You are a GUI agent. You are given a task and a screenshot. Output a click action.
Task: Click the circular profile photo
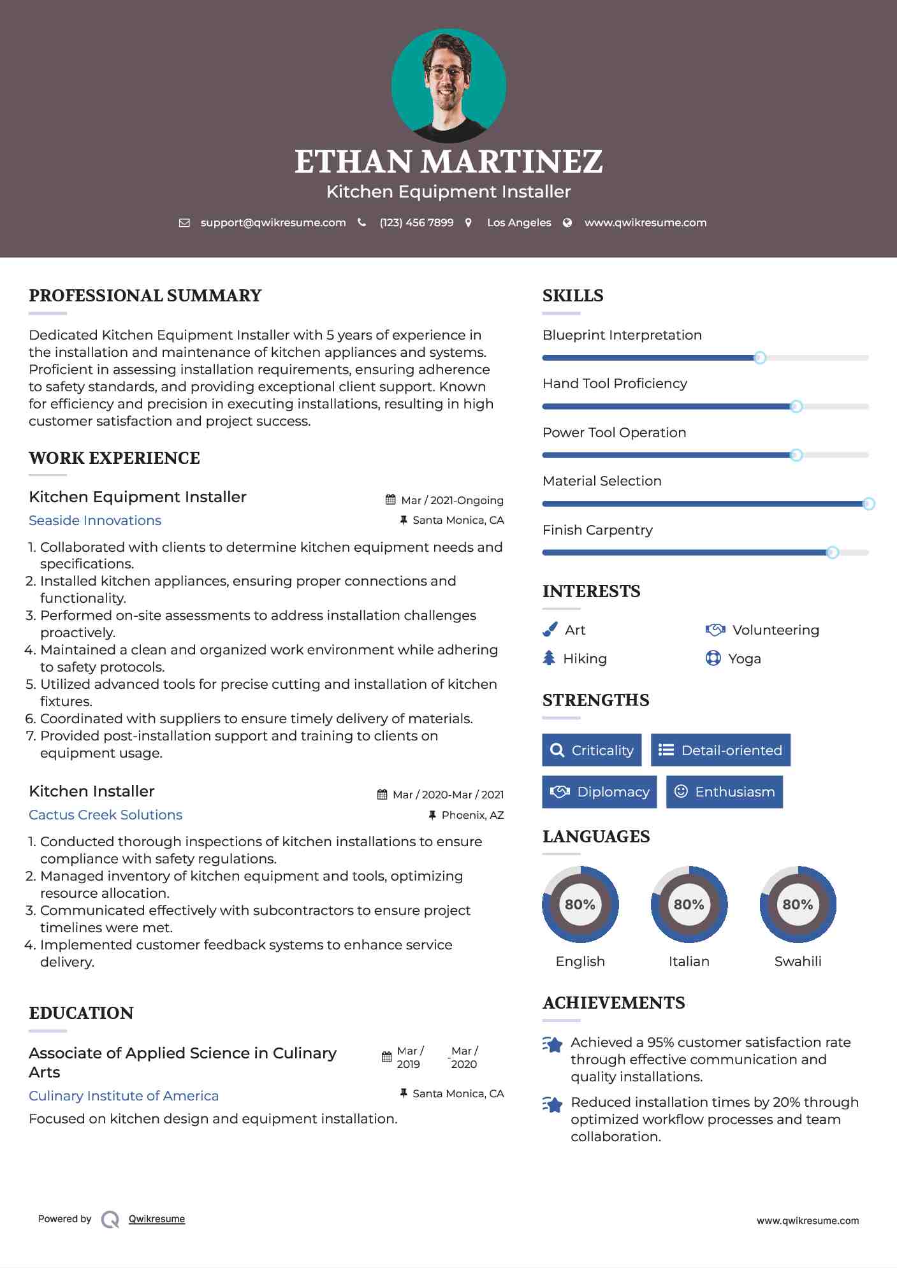(448, 85)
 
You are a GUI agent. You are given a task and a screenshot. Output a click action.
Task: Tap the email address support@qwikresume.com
(273, 223)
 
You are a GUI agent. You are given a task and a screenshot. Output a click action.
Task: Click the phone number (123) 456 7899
(416, 223)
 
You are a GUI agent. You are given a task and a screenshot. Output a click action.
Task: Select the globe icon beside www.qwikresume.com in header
(567, 223)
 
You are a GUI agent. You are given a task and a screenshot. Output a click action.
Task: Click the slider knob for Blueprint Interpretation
(759, 358)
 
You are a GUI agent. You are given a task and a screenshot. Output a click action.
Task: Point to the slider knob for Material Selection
(868, 504)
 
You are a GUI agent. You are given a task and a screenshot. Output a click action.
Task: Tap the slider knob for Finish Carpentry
(832, 552)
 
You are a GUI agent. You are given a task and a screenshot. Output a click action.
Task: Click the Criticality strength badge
(592, 750)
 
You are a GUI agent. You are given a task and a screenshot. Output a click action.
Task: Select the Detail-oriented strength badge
(720, 750)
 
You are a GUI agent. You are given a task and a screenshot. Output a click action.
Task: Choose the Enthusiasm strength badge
(724, 792)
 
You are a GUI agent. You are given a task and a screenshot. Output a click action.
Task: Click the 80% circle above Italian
(689, 904)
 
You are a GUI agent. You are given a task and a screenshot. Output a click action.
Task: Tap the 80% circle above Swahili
(798, 904)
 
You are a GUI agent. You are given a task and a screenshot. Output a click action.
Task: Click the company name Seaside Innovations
(95, 521)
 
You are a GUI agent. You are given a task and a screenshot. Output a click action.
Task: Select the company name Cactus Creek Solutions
(105, 815)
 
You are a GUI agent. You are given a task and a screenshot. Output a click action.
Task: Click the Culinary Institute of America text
(124, 1096)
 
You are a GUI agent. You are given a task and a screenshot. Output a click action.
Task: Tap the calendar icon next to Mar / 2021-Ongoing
(391, 500)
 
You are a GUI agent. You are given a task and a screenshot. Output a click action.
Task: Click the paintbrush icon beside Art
(550, 630)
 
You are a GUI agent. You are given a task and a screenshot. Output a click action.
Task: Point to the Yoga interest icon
(713, 658)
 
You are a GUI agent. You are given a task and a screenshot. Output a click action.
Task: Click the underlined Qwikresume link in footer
(157, 1219)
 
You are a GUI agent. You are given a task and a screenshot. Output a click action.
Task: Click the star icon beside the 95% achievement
(553, 1044)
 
